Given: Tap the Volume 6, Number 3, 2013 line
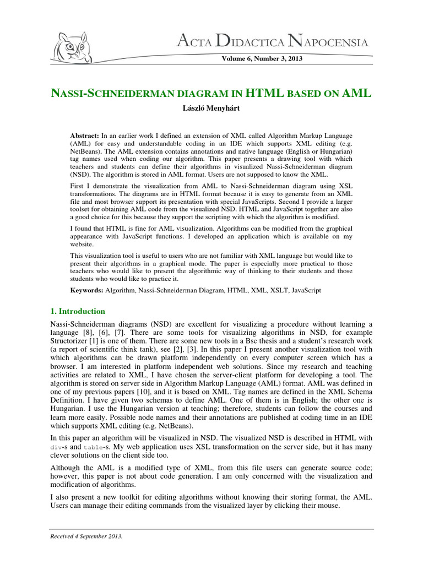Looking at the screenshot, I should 262,58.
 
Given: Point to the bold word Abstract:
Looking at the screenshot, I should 86,135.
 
